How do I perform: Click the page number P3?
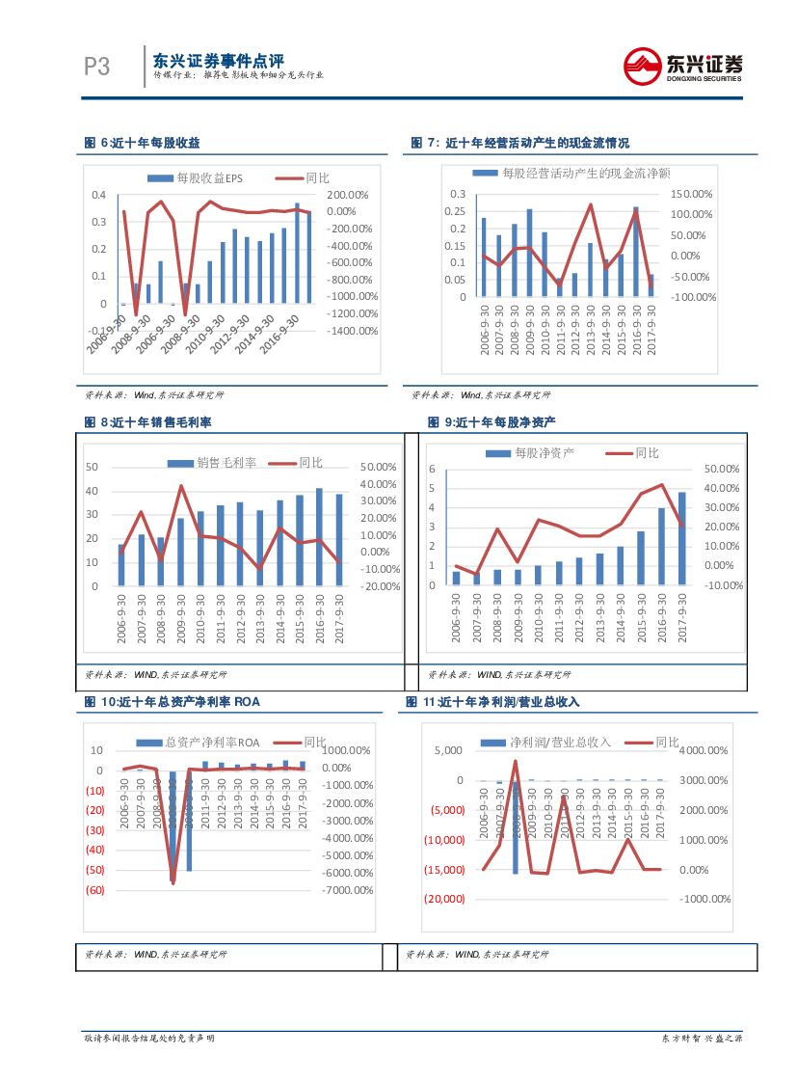pos(96,67)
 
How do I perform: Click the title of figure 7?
pos(519,143)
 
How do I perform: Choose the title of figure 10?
pos(173,702)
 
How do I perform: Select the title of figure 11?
pos(492,702)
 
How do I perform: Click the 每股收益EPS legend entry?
pos(196,178)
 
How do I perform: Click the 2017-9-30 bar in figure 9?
pos(682,538)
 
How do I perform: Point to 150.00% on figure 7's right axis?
pos(692,195)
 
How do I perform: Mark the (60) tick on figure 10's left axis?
pos(95,890)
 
